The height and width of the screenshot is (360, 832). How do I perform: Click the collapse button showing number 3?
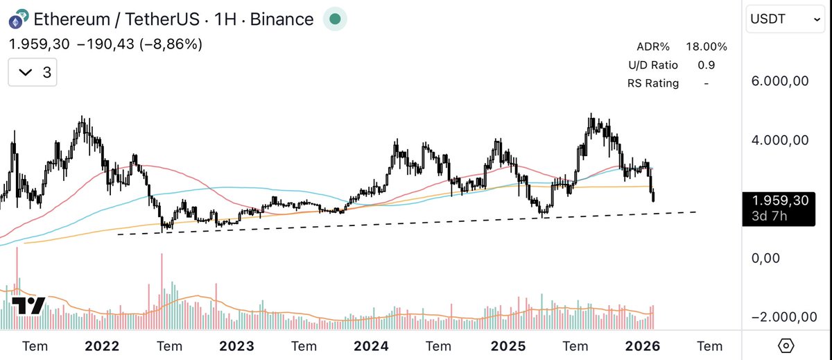pyautogui.click(x=33, y=72)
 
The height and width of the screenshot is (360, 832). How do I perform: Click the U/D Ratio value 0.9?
pyautogui.click(x=707, y=65)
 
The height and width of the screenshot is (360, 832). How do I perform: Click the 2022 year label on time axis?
pyautogui.click(x=101, y=345)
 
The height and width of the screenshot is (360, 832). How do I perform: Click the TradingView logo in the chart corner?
pyautogui.click(x=28, y=306)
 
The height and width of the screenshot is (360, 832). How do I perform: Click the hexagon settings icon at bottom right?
pyautogui.click(x=786, y=345)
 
